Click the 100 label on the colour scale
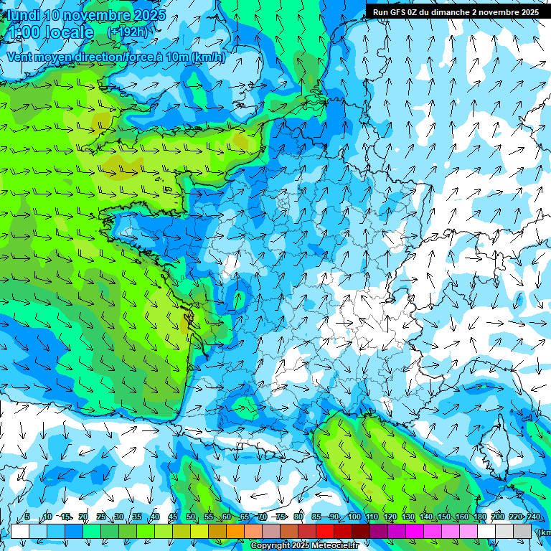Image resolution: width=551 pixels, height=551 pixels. coord(354,517)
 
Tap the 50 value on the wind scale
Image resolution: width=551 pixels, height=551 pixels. coord(191,517)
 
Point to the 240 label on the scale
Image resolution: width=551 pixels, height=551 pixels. coord(534,517)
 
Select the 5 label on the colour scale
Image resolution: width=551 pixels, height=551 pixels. coord(27,517)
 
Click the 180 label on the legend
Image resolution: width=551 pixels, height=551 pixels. coord(480,517)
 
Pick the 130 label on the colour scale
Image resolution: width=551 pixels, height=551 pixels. coord(408,517)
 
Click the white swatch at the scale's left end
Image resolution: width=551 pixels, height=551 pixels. coord(19,531)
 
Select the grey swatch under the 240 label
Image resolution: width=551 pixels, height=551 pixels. coord(523,531)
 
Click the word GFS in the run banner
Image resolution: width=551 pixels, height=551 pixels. coord(398,11)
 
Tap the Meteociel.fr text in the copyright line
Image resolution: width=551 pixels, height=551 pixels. coord(340,546)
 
